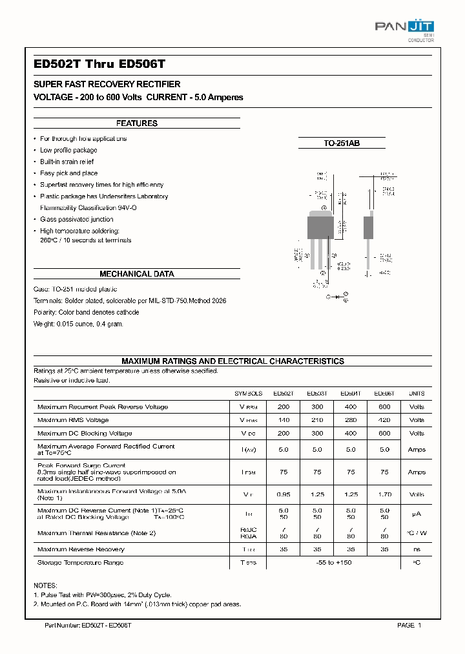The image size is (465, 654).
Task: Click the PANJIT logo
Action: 404,28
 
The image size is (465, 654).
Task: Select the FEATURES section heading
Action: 136,123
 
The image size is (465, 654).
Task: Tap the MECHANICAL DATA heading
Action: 136,274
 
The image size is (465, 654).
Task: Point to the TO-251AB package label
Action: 342,143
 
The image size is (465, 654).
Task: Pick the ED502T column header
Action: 283,394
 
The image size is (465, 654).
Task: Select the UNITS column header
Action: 417,394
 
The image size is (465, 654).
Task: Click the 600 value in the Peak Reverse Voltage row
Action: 384,407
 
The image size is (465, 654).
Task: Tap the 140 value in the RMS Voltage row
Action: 283,420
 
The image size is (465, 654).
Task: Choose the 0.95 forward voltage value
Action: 283,494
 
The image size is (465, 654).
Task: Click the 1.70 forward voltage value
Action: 384,494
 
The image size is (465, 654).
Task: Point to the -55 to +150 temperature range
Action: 333,563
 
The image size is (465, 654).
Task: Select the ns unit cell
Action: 417,549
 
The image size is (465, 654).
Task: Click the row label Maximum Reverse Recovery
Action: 81,549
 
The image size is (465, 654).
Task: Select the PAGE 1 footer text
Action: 409,626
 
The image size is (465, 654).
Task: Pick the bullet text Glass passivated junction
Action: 76,220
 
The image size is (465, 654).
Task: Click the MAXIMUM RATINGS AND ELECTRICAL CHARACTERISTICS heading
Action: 232,361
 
